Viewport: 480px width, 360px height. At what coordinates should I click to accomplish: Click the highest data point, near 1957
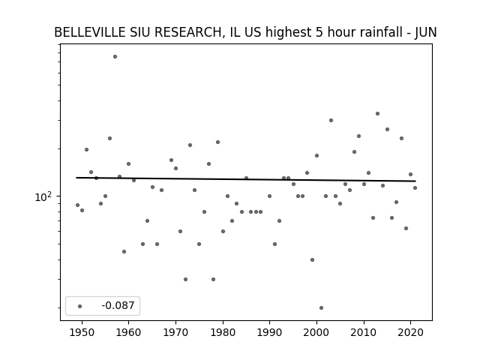pos(115,57)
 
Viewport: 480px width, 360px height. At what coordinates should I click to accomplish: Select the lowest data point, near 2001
pos(321,308)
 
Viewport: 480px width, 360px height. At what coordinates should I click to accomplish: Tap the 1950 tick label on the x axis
pos(82,332)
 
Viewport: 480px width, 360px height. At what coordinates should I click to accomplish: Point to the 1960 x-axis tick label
pos(128,332)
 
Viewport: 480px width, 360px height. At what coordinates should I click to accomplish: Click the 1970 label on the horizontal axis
pos(175,332)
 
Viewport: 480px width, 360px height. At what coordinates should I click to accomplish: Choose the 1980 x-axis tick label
pos(223,332)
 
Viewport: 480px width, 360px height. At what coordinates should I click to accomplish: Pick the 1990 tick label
pos(270,332)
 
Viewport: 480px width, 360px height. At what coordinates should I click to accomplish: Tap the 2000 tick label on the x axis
pos(316,332)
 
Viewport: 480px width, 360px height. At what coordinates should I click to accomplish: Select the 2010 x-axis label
pos(364,332)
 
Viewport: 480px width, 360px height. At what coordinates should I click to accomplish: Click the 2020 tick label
pos(411,332)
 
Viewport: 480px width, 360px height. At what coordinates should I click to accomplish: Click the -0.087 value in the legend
pos(118,305)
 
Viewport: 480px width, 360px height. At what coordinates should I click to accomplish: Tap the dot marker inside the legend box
pos(80,306)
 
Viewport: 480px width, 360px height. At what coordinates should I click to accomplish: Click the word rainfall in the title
pos(381,32)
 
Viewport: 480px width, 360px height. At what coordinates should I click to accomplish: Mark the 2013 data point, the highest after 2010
pos(377,113)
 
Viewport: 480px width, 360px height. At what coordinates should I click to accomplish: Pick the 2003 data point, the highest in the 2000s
pos(331,120)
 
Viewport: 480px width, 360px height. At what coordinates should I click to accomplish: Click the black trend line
pos(246,179)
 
